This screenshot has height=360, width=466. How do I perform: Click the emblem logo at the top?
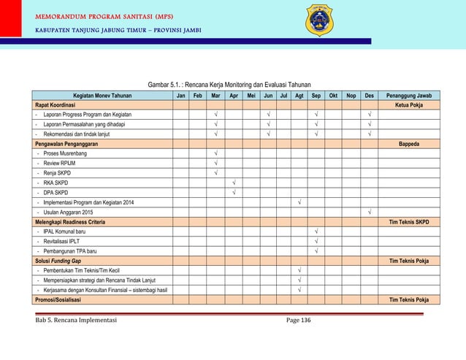(x=319, y=20)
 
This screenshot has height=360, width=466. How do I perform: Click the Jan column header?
(x=180, y=96)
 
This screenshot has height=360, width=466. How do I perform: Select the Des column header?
(x=370, y=96)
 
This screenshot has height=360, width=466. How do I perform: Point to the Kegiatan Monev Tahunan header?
(x=102, y=96)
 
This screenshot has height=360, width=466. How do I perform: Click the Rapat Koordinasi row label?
(x=56, y=104)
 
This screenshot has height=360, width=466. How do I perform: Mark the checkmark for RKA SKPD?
(x=234, y=183)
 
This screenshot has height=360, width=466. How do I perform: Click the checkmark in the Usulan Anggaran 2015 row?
(x=370, y=212)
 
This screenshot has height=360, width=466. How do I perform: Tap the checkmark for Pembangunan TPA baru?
(x=316, y=250)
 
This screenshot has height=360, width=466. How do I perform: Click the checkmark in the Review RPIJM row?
(x=216, y=164)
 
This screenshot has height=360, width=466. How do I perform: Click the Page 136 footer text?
(x=299, y=320)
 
